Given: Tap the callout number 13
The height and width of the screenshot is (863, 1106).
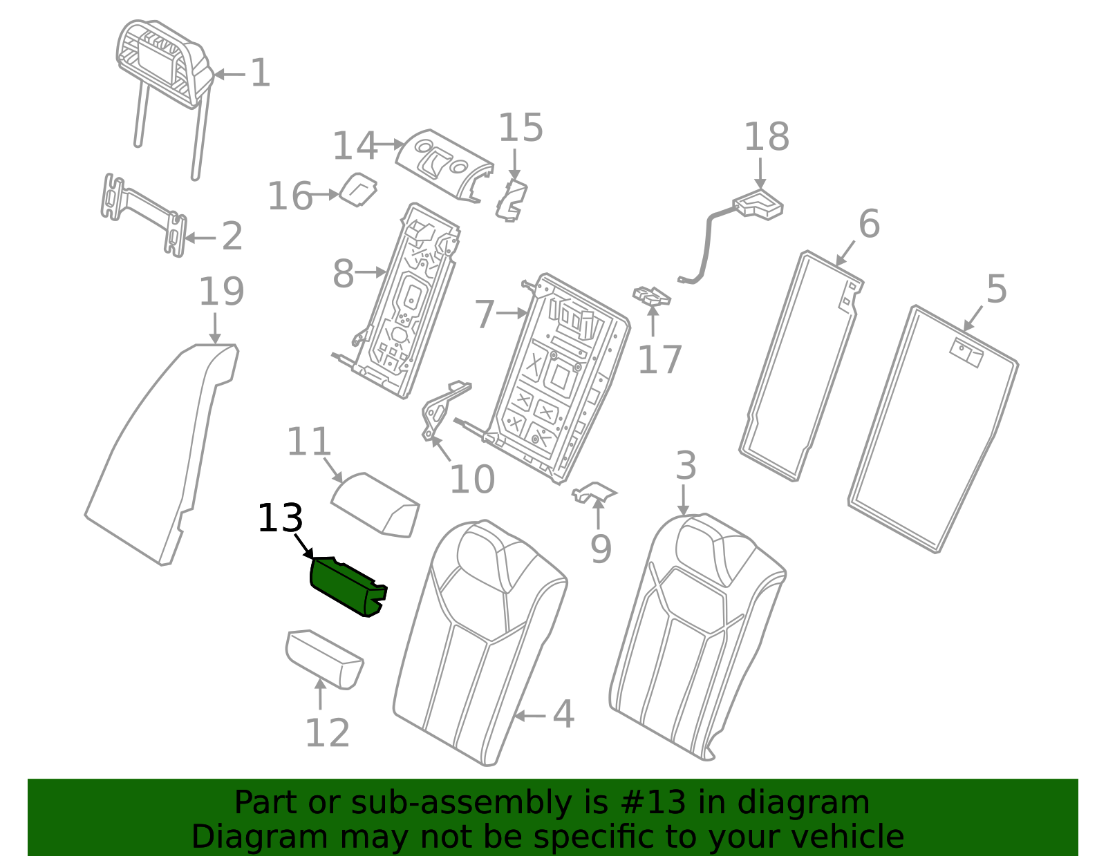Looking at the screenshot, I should point(280,518).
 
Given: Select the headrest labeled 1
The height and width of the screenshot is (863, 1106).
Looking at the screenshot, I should point(162,62).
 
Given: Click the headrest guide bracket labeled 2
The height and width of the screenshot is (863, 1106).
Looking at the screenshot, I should point(145,214).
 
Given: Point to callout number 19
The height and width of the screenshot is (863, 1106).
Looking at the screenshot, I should point(221,292).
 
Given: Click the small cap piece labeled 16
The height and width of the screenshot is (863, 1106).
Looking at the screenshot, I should point(359,189).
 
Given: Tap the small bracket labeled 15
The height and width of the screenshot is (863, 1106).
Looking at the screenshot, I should point(512,200).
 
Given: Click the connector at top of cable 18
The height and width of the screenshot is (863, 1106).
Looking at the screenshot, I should point(758,205).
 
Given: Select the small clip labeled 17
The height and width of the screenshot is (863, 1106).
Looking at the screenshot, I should point(652,296).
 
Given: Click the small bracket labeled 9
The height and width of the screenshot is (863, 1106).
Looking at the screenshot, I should point(594,492).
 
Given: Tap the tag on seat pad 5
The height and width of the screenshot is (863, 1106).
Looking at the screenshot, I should point(966,351).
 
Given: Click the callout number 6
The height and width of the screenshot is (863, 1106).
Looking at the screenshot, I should point(869,224).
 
